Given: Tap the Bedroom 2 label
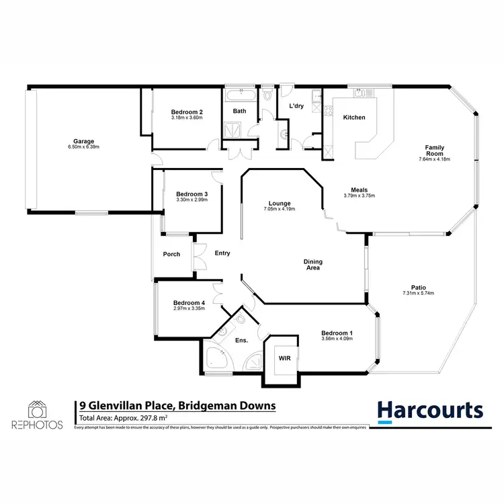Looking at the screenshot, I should pyautogui.click(x=187, y=112).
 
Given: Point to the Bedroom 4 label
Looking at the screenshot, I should pyautogui.click(x=188, y=302).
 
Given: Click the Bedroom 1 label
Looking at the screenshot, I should pyautogui.click(x=337, y=333).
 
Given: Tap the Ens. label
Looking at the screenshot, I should pyautogui.click(x=241, y=341).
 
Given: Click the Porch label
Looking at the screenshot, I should pyautogui.click(x=171, y=254).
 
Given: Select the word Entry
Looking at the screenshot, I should pyautogui.click(x=222, y=253).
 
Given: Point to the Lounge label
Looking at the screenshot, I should pyautogui.click(x=279, y=203).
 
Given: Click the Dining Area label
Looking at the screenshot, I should pyautogui.click(x=312, y=264).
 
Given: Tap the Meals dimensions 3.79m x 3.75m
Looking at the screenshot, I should pyautogui.click(x=359, y=196).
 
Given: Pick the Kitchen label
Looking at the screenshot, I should pyautogui.click(x=354, y=118).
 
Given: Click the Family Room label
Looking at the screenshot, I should pyautogui.click(x=434, y=150).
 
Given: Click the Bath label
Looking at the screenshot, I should pyautogui.click(x=239, y=111).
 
